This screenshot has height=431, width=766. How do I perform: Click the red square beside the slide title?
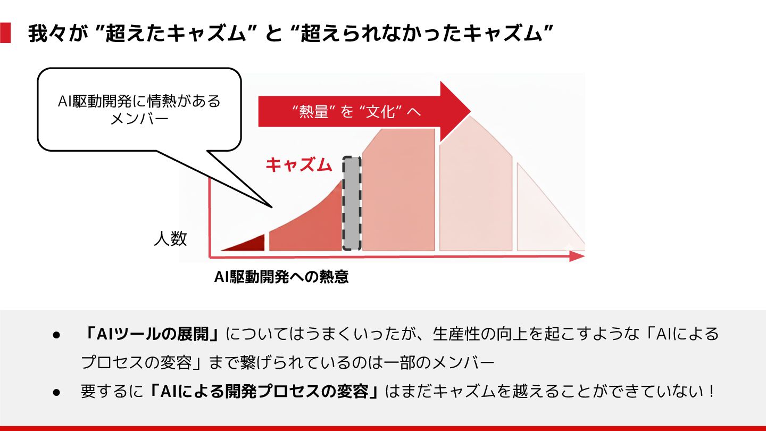[x=5, y=33]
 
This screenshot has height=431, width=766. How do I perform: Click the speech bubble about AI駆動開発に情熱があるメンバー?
[x=139, y=109]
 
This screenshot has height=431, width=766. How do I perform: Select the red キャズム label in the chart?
[x=298, y=165]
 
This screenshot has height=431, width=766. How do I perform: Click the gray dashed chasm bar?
[x=352, y=203]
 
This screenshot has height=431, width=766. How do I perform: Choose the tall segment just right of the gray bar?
[x=398, y=192]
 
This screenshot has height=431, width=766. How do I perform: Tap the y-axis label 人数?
[x=170, y=239]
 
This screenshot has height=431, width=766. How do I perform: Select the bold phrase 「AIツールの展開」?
[x=152, y=334]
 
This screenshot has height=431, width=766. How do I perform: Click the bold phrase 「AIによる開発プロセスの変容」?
[x=264, y=392]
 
